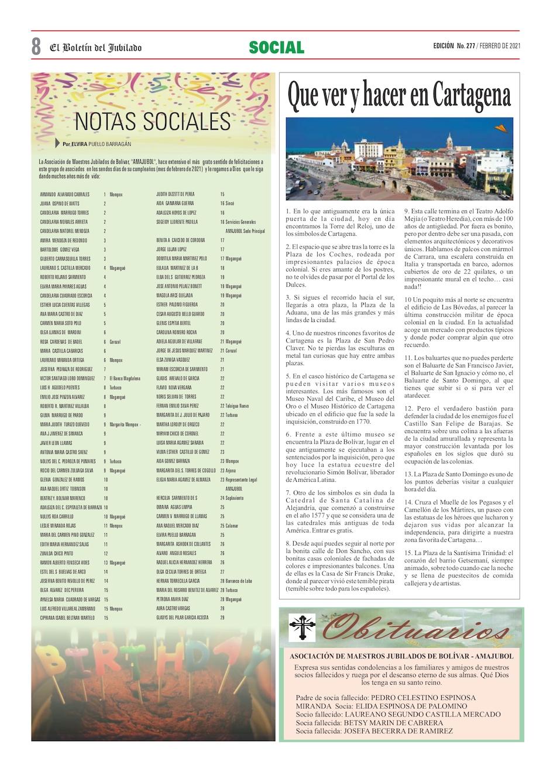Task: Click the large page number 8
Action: point(36,46)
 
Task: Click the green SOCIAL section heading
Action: point(276,47)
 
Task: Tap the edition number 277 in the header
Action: point(467,46)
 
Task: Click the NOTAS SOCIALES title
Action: point(153,121)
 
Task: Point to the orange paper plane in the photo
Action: point(500,128)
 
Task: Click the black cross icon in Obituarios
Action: point(302,627)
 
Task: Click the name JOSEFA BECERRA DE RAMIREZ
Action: point(399,731)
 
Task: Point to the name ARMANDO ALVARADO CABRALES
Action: point(64,194)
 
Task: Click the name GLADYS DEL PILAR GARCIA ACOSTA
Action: point(183,617)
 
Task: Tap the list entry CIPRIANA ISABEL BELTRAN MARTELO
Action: point(67,617)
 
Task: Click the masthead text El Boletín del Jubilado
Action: point(95,47)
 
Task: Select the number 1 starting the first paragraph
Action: point(288,211)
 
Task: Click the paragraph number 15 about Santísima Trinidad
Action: point(408,553)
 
